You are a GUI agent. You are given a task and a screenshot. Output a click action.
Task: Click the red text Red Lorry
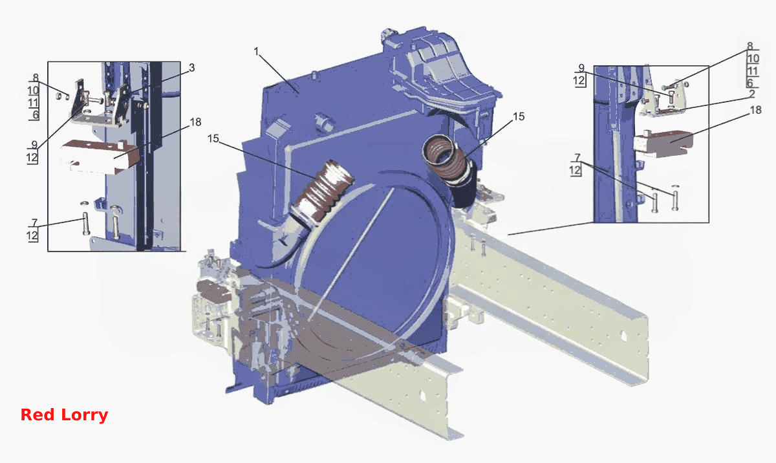(64, 415)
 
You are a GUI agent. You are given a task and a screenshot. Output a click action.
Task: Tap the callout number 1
(256, 52)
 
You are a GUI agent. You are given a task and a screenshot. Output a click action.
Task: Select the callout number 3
(192, 67)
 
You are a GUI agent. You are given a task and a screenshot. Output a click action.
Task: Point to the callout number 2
(751, 94)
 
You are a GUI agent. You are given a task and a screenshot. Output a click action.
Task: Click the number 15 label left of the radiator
(213, 138)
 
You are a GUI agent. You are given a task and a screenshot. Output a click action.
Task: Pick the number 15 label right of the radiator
(518, 116)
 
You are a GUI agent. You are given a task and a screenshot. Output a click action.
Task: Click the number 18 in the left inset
(195, 122)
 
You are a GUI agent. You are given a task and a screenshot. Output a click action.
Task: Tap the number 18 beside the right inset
(755, 110)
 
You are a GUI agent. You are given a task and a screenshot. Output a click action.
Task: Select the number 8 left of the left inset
(36, 78)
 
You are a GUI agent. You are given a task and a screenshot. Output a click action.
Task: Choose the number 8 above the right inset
(749, 46)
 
